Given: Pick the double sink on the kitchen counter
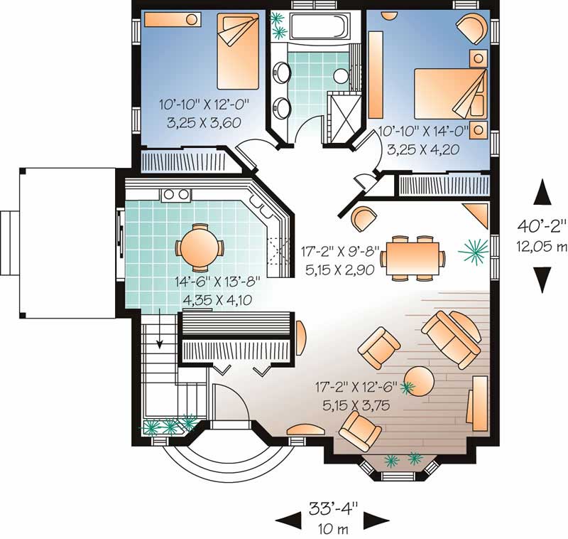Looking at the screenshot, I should tap(176, 193).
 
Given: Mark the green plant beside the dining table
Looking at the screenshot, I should tap(472, 249).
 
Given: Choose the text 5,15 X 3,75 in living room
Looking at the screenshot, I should tap(353, 407).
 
